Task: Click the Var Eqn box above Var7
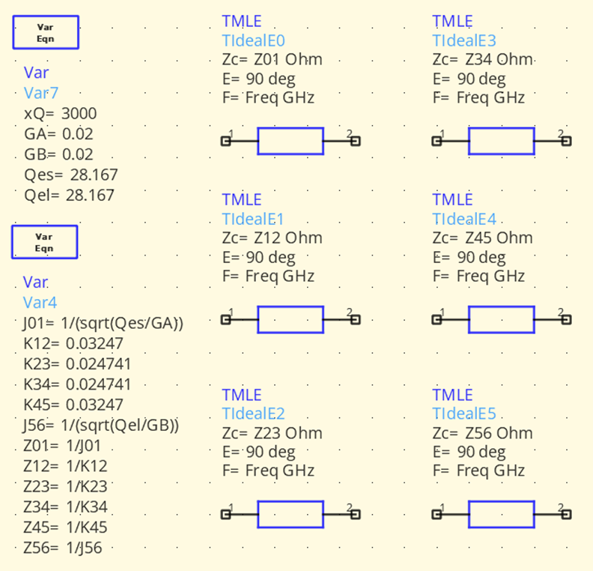[x=46, y=32]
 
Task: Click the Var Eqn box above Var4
[x=45, y=242]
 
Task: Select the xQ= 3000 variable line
[x=60, y=113]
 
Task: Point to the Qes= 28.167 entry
[x=70, y=175]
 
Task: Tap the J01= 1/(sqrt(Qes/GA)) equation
[x=103, y=323]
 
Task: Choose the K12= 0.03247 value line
[x=73, y=343]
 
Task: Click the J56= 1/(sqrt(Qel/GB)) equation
[x=101, y=425]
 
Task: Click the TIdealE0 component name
[x=253, y=40]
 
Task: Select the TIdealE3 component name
[x=464, y=40]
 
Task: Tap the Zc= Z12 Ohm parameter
[x=273, y=238]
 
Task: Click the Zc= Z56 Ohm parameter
[x=483, y=433]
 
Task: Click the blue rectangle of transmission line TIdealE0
[x=291, y=141]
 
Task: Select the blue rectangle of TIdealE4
[x=502, y=319]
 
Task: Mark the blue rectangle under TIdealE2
[x=291, y=514]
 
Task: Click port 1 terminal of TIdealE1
[x=225, y=320]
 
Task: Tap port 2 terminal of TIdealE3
[x=567, y=141]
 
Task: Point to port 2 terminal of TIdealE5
[x=567, y=514]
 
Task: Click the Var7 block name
[x=41, y=93]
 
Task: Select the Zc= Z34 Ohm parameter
[x=483, y=59]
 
